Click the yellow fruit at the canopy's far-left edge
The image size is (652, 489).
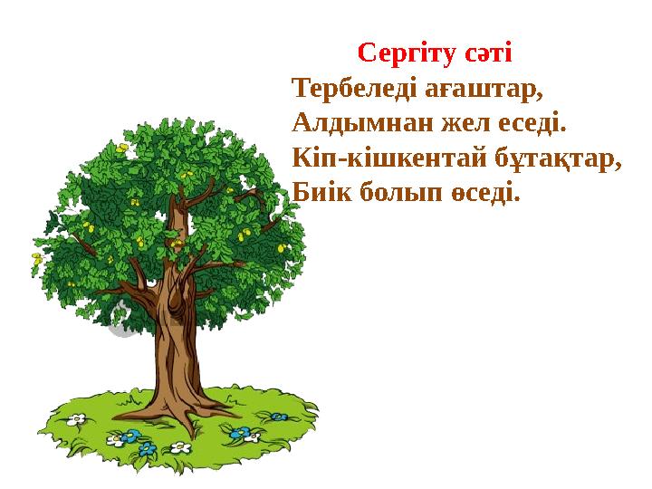pos(37,258)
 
